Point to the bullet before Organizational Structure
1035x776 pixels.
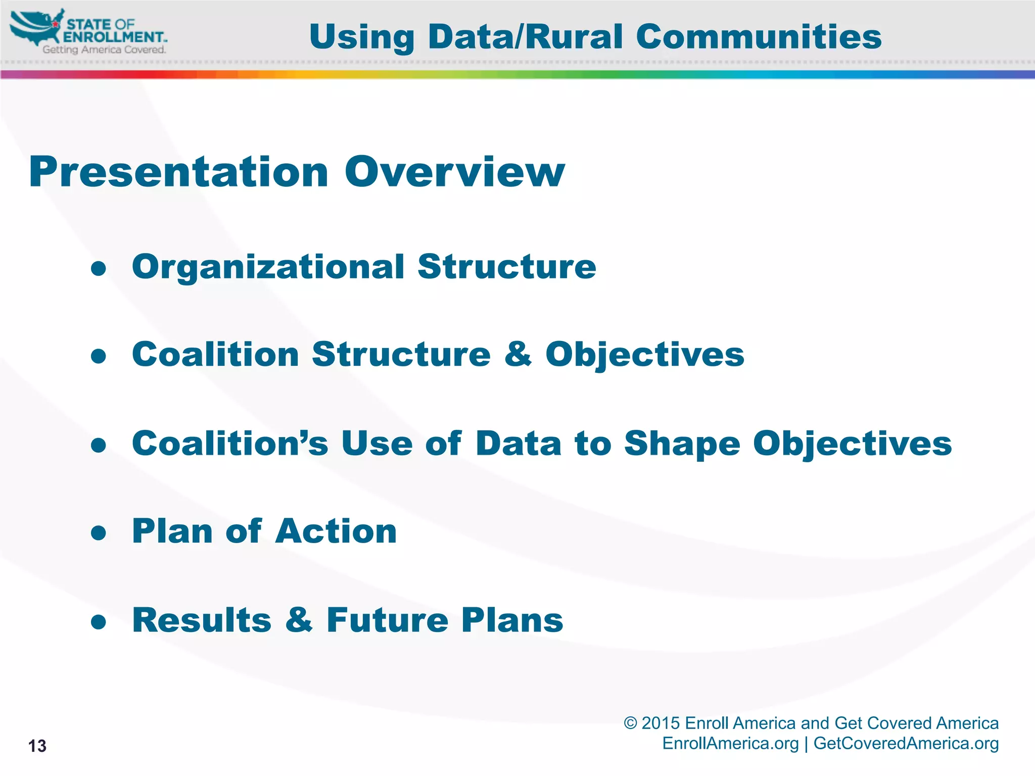[99, 268]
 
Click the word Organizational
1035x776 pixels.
[268, 268]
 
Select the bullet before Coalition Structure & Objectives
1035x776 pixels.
[99, 356]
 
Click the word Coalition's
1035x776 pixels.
[230, 443]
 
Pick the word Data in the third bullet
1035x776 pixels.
[519, 443]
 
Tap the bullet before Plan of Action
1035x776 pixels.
[99, 533]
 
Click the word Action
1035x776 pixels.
[336, 531]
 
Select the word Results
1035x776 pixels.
[202, 620]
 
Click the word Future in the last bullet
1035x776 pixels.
[387, 620]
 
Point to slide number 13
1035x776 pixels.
[37, 746]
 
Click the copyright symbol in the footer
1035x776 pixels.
[630, 723]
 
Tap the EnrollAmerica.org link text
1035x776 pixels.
[730, 744]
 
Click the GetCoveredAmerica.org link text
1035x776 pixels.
[906, 744]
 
